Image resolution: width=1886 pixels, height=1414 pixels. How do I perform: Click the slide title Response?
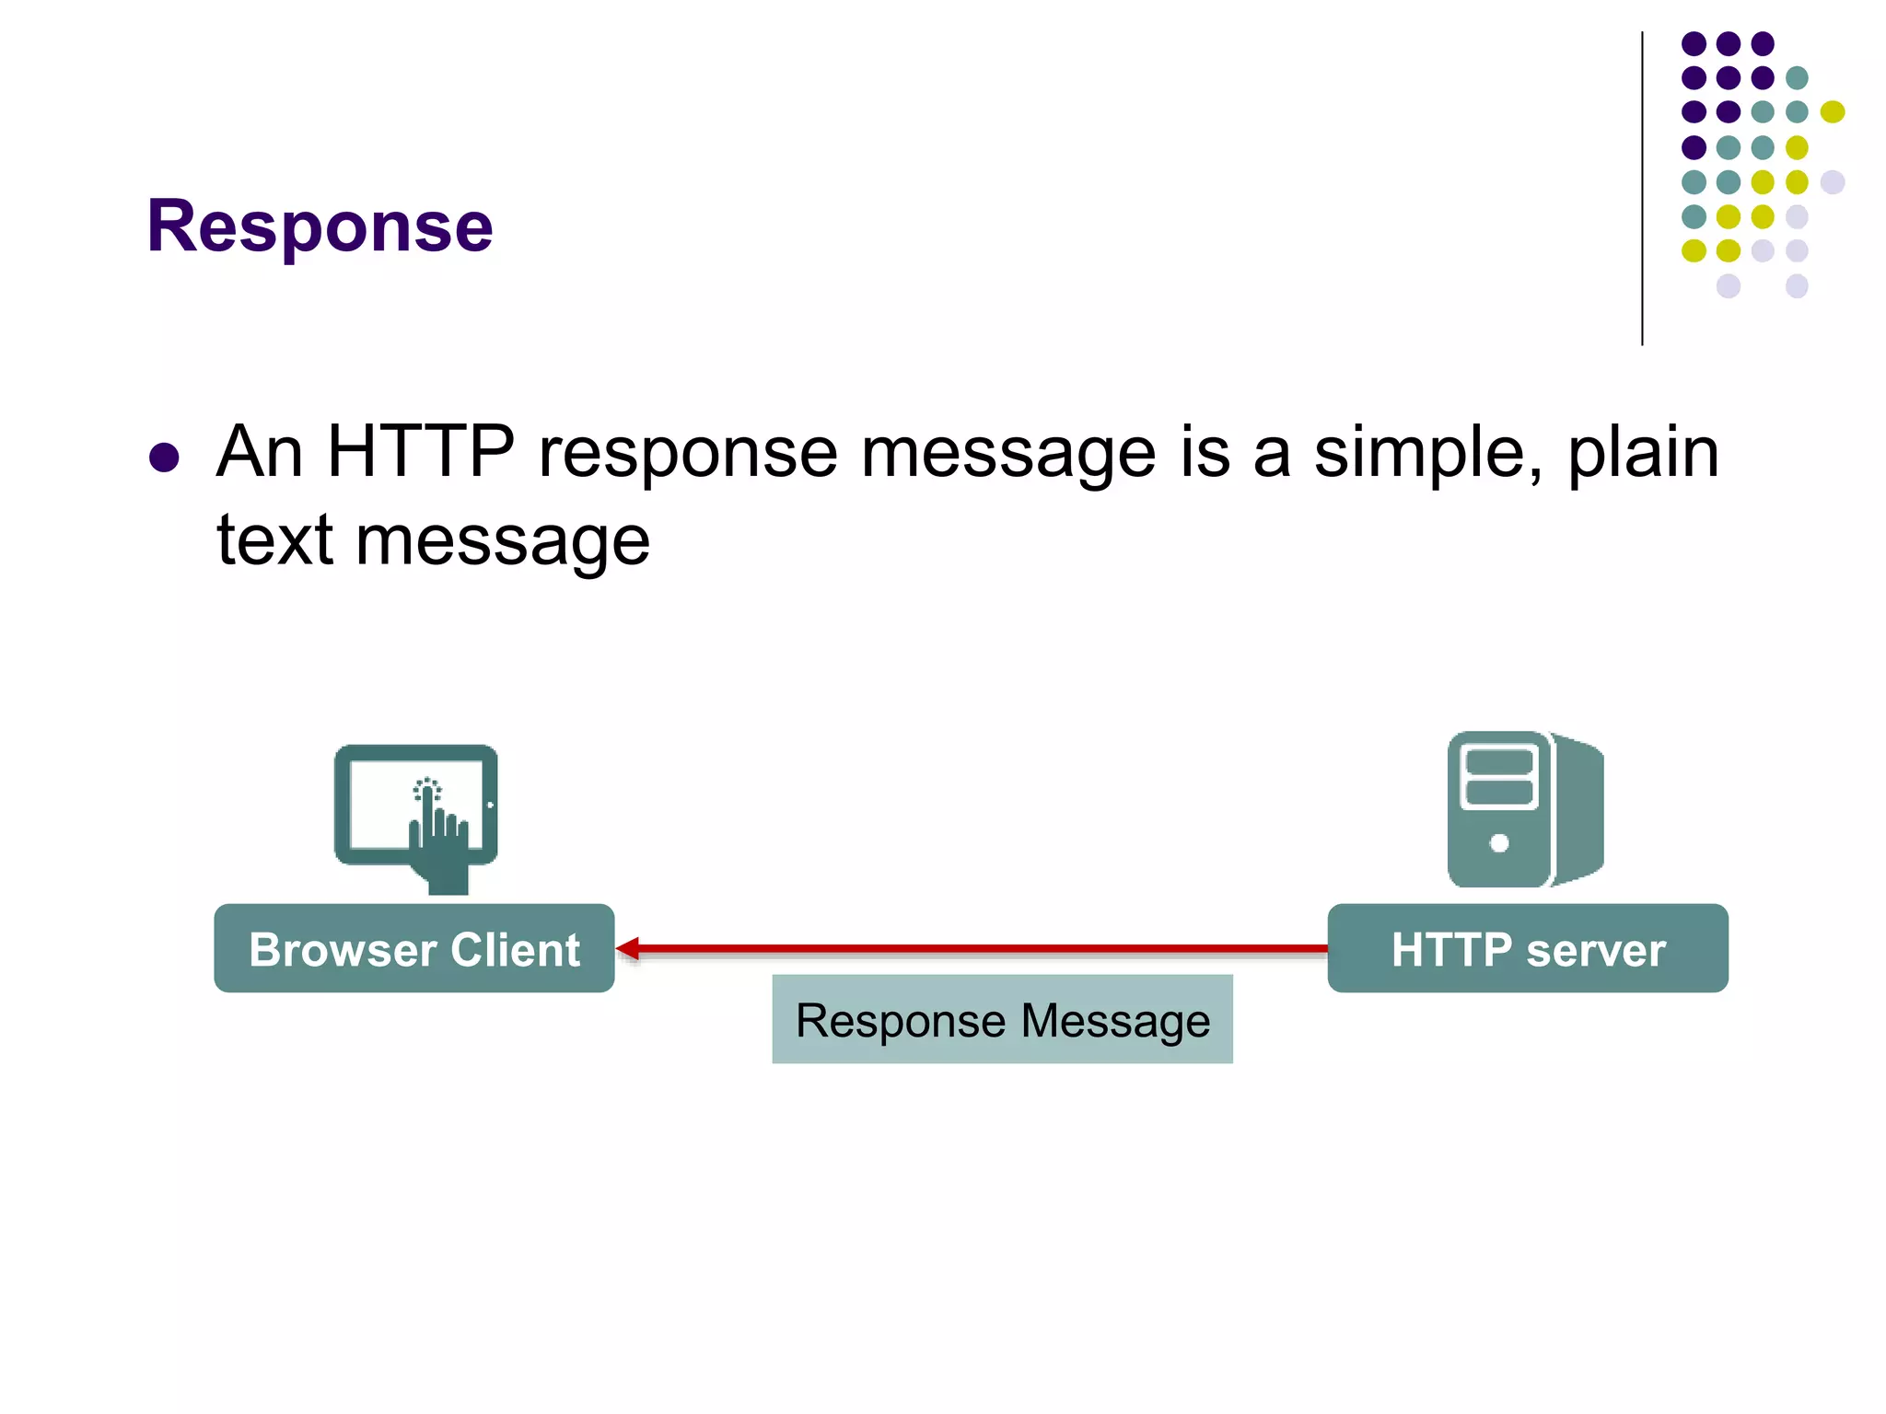(x=320, y=226)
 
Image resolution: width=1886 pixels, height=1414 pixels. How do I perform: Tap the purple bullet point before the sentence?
(x=164, y=458)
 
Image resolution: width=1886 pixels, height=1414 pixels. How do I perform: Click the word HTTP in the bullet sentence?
(x=421, y=452)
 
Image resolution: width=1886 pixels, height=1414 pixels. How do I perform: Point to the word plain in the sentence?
(x=1643, y=454)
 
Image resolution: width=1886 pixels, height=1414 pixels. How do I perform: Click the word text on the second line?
(x=274, y=540)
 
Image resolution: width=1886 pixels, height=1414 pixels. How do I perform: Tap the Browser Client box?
(x=414, y=948)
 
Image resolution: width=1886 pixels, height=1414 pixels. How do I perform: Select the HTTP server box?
(x=1528, y=948)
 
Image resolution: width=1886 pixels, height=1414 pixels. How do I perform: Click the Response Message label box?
(x=1002, y=1019)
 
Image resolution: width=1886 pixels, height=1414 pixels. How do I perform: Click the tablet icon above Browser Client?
(x=416, y=806)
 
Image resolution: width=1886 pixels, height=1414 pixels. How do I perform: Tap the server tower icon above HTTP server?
(x=1525, y=808)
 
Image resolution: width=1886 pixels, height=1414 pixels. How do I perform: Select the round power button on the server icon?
(x=1499, y=842)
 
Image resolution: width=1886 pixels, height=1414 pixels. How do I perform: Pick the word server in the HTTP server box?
(x=1596, y=950)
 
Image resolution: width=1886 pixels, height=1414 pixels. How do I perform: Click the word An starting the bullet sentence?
(x=260, y=452)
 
